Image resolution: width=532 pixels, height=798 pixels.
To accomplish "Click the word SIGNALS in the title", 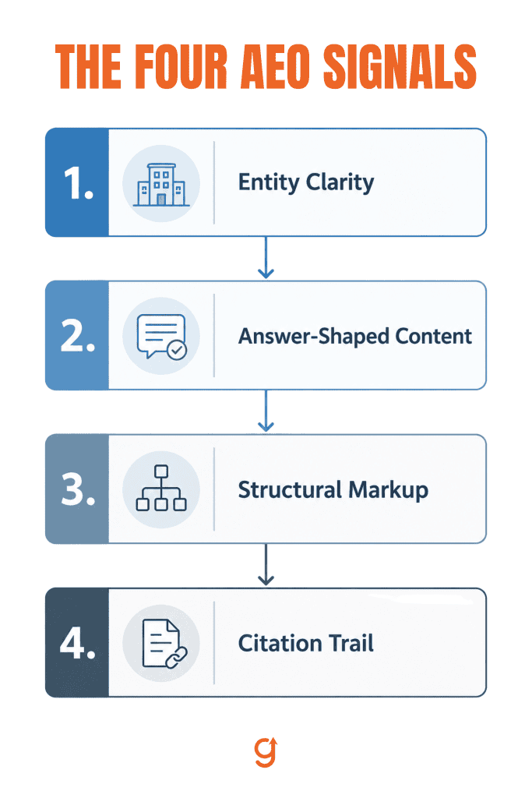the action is tap(400, 67).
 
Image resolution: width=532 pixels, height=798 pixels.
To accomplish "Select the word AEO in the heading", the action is tap(275, 67).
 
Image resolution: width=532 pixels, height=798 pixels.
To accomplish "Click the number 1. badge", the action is tap(77, 182).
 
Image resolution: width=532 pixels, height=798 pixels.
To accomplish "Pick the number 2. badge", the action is tap(77, 335).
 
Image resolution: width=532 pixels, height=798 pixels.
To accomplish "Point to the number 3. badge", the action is tap(77, 489).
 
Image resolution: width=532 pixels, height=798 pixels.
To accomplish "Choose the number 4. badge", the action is tap(77, 643).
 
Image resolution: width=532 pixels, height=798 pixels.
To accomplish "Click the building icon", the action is tap(161, 184).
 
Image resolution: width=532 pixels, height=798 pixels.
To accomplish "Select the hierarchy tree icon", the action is tap(161, 488).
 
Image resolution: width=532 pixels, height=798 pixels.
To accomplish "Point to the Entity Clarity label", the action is tap(306, 182).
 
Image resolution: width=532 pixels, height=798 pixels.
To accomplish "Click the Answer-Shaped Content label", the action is tap(355, 337).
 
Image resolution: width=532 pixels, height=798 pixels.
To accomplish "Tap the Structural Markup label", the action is tap(333, 490).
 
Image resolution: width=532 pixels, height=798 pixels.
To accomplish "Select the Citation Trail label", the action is tap(305, 643).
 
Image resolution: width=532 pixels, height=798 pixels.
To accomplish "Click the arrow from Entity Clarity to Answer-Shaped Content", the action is tap(266, 257).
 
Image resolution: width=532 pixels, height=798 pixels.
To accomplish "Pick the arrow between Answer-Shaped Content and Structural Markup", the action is tap(266, 411).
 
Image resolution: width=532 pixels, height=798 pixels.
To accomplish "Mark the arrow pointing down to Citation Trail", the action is tap(266, 565).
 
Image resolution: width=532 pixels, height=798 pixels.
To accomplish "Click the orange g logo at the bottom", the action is tap(266, 751).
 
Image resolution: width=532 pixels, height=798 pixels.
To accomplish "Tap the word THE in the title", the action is tap(89, 67).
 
